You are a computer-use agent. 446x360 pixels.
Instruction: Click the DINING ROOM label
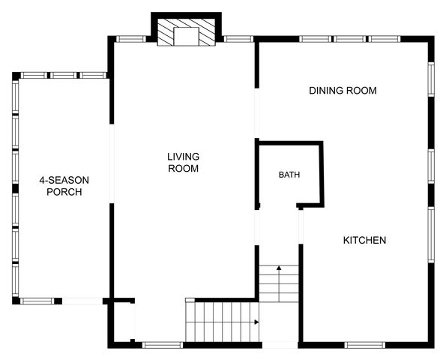coord(343,91)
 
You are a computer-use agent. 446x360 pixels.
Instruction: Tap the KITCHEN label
coord(364,240)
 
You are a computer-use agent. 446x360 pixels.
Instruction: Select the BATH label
coord(289,175)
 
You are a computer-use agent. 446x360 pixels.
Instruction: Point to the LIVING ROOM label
coord(183,163)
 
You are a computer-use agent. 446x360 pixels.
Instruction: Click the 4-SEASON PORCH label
coord(64,186)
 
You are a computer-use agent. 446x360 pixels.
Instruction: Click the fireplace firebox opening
coord(186,37)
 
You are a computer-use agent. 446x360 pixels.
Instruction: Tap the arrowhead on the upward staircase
coord(279,268)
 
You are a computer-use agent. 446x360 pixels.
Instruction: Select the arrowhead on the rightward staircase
coord(256,322)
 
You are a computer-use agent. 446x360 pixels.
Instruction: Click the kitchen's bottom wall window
coord(364,345)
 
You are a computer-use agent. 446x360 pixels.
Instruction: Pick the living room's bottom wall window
coord(163,345)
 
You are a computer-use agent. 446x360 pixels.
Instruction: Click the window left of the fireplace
coord(131,39)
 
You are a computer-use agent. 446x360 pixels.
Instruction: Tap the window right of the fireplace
coord(238,39)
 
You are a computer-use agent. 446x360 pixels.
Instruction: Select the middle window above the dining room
coord(349,39)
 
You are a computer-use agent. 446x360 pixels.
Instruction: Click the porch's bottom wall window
coord(37,301)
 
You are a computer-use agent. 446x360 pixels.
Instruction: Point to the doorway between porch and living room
coord(112,163)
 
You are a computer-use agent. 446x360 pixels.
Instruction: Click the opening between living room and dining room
coord(257,113)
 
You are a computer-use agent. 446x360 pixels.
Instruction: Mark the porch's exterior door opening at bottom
coord(82,301)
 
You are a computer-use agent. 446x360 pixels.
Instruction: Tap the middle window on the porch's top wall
coord(63,76)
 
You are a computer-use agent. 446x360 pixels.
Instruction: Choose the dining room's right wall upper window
coord(431,79)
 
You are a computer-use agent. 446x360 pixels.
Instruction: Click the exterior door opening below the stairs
coord(280,345)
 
